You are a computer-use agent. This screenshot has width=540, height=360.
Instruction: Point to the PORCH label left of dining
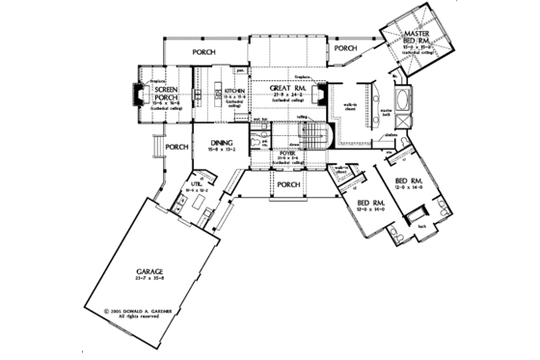pos(175,148)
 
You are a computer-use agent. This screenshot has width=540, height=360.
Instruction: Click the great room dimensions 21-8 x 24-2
pos(283,93)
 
